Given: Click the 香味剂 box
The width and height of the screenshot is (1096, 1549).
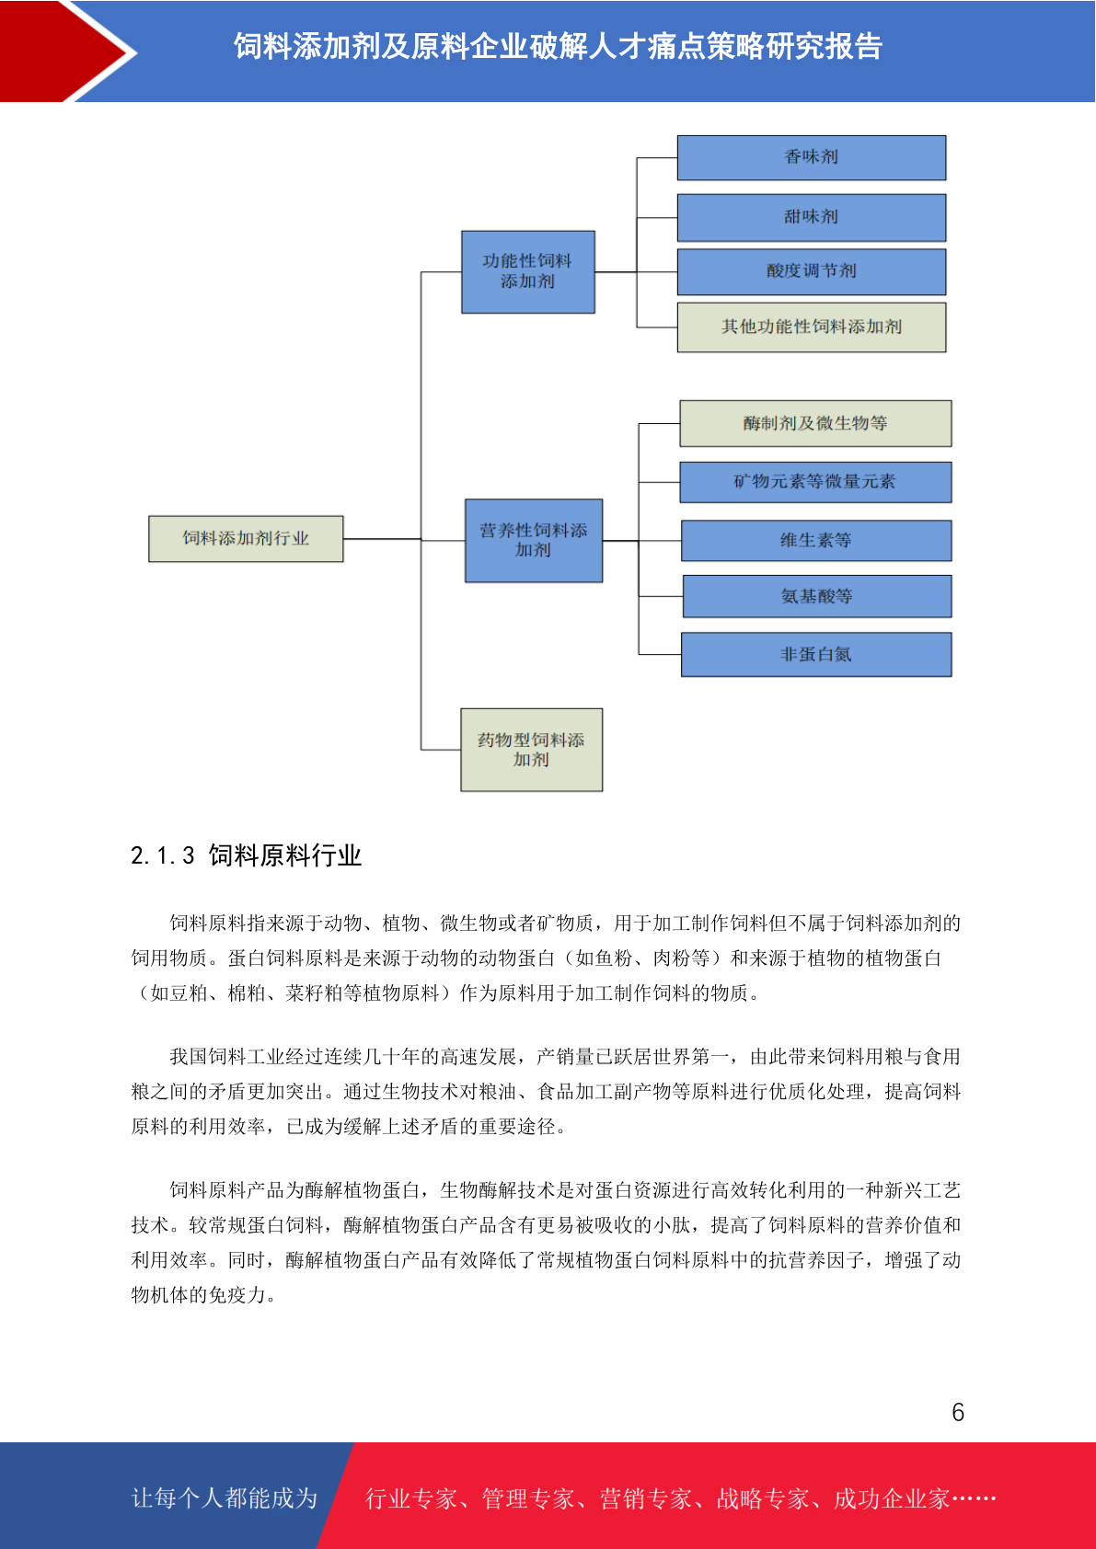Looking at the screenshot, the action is pos(811,157).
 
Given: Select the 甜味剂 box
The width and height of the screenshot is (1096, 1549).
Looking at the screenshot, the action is pos(811,217).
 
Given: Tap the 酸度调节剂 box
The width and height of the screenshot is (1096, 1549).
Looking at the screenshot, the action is pos(811,271).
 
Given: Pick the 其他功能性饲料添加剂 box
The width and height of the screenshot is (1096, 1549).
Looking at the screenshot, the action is pos(811,327).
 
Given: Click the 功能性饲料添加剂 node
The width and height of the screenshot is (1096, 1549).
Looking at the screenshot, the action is pos(528,271).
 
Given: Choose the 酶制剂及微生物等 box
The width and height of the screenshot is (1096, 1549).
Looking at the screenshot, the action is pos(815,423).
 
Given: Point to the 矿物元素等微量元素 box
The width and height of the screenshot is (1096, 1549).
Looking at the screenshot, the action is pos(815,482).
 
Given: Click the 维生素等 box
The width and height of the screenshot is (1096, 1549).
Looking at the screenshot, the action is pos(815,540).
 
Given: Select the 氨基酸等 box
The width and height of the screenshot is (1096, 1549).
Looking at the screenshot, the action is pos(816,596).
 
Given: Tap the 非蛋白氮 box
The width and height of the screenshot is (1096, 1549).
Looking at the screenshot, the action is pos(815,654).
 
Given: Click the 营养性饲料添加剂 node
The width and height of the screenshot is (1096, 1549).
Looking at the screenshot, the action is pos(534,541).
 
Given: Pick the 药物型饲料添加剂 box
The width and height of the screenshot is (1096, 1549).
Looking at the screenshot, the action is pos(531,750).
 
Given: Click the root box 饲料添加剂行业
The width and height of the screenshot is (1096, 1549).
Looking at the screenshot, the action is pos(246,539).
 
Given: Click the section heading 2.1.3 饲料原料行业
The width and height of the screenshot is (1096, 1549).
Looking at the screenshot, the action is pos(246,855).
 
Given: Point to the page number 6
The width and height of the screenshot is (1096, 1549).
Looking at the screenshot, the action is pos(958,1412).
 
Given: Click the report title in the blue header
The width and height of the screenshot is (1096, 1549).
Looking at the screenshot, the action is pos(558,46).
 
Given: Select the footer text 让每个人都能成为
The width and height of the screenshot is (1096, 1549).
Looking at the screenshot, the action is pos(225,1498).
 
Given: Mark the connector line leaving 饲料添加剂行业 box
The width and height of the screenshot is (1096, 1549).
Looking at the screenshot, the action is pos(382,539).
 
